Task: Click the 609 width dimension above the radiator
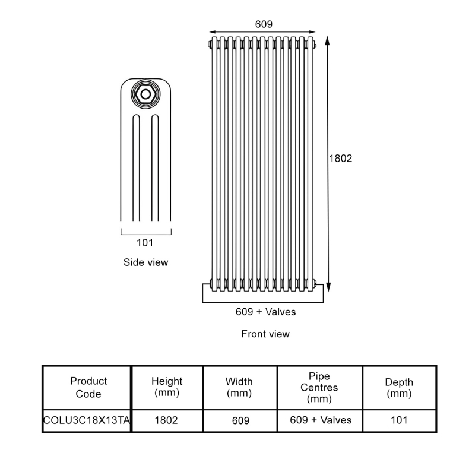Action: click(x=264, y=24)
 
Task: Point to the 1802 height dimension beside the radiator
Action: click(x=341, y=159)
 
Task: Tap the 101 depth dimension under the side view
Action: click(x=145, y=242)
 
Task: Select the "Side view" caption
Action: click(x=145, y=262)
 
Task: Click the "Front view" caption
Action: click(x=265, y=334)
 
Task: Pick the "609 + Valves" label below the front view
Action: click(x=265, y=311)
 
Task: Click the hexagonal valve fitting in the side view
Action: click(x=145, y=94)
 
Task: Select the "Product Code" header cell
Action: click(x=88, y=387)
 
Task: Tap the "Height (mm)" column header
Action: click(x=167, y=387)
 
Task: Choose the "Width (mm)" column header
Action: click(x=239, y=387)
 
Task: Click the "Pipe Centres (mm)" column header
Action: click(x=319, y=387)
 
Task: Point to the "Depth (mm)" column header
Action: click(x=399, y=387)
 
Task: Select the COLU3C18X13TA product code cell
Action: click(x=87, y=420)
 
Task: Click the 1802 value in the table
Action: click(x=167, y=420)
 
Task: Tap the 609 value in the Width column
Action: click(x=239, y=420)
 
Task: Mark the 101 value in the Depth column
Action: click(x=399, y=420)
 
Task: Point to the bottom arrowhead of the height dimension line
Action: click(x=328, y=292)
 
